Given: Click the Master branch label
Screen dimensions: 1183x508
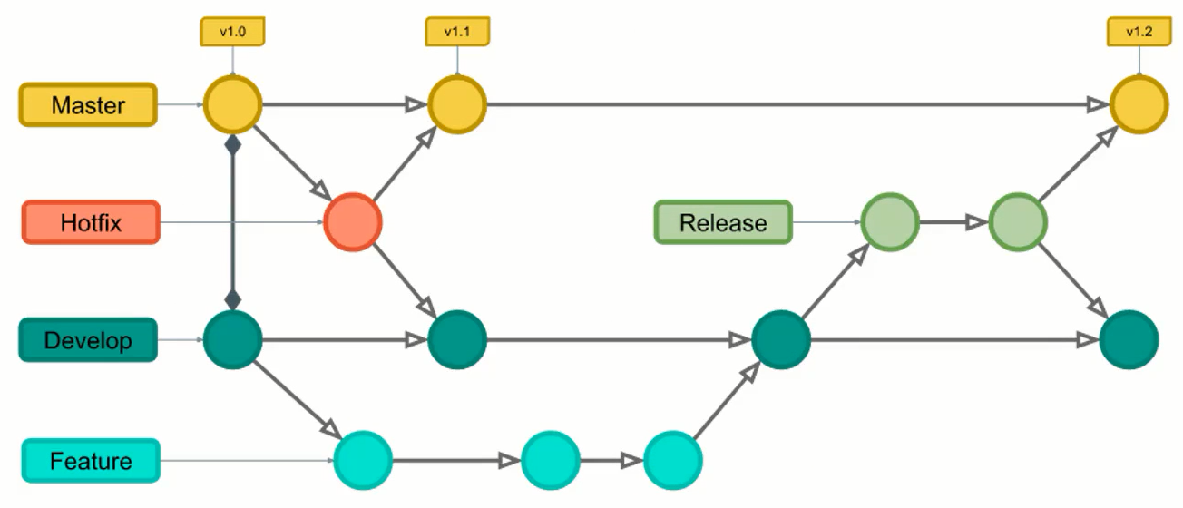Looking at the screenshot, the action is [88, 104].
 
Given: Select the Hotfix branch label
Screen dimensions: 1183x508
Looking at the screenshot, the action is [91, 222].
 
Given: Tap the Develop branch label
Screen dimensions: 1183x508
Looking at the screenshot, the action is [88, 340].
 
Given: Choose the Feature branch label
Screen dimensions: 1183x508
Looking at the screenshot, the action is [91, 461].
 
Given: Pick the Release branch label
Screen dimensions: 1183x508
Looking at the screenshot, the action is [723, 222].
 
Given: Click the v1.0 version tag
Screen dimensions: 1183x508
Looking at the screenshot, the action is [232, 32].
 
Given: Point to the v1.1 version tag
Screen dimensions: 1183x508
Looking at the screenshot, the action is [457, 32].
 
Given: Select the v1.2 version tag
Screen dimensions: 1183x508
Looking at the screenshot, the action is [1139, 32].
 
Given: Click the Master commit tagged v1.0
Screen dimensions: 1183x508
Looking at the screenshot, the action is [233, 104].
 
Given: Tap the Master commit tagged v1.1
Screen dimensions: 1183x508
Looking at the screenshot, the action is [457, 104].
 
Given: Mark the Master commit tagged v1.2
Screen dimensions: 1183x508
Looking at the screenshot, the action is [1139, 104].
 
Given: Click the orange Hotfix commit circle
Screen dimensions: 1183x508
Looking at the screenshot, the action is [353, 221].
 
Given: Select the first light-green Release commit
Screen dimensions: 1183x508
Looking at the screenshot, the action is [890, 221].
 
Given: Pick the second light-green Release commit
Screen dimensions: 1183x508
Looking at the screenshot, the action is [1018, 221].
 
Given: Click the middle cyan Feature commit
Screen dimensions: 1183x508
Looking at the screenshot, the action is [551, 461].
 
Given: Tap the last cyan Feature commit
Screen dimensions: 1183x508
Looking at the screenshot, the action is [673, 461].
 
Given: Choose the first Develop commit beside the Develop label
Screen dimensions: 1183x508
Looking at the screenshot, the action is [233, 339].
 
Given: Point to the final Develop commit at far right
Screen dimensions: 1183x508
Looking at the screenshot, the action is [1129, 339].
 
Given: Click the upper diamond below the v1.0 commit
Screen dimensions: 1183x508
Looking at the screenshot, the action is [233, 145].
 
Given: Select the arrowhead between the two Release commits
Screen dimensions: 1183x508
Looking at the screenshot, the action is [976, 222].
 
